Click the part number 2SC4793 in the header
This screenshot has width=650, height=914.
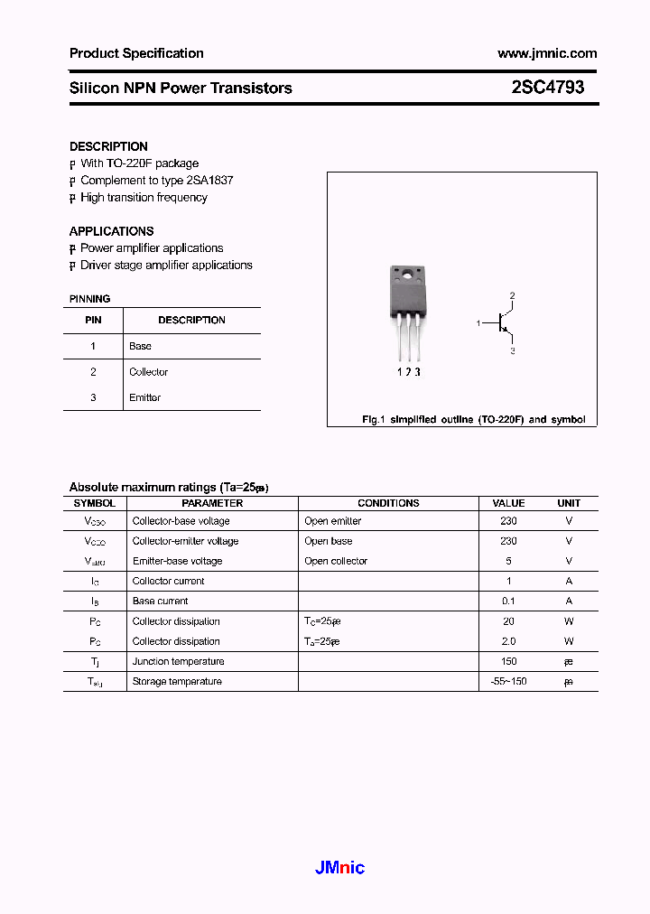click(547, 88)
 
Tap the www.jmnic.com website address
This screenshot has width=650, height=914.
click(547, 53)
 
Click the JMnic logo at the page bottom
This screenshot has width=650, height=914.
click(339, 868)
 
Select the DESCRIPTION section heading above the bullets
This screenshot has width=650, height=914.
click(108, 146)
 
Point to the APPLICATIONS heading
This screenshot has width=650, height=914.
click(111, 231)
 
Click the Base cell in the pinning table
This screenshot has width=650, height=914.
click(140, 346)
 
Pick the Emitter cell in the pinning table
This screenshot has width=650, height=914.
click(144, 397)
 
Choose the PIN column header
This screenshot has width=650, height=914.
click(93, 320)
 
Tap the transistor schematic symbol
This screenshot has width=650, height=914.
click(502, 322)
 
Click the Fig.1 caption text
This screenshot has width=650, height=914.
click(473, 420)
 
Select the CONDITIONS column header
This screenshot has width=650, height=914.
click(388, 503)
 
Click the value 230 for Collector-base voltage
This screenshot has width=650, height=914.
click(508, 521)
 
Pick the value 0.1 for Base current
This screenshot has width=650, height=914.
click(508, 601)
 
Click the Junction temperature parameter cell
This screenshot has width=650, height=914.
click(179, 661)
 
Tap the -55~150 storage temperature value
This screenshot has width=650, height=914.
click(508, 681)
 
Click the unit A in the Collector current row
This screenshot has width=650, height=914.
click(569, 581)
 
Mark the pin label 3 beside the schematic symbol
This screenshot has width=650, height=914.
click(512, 350)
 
